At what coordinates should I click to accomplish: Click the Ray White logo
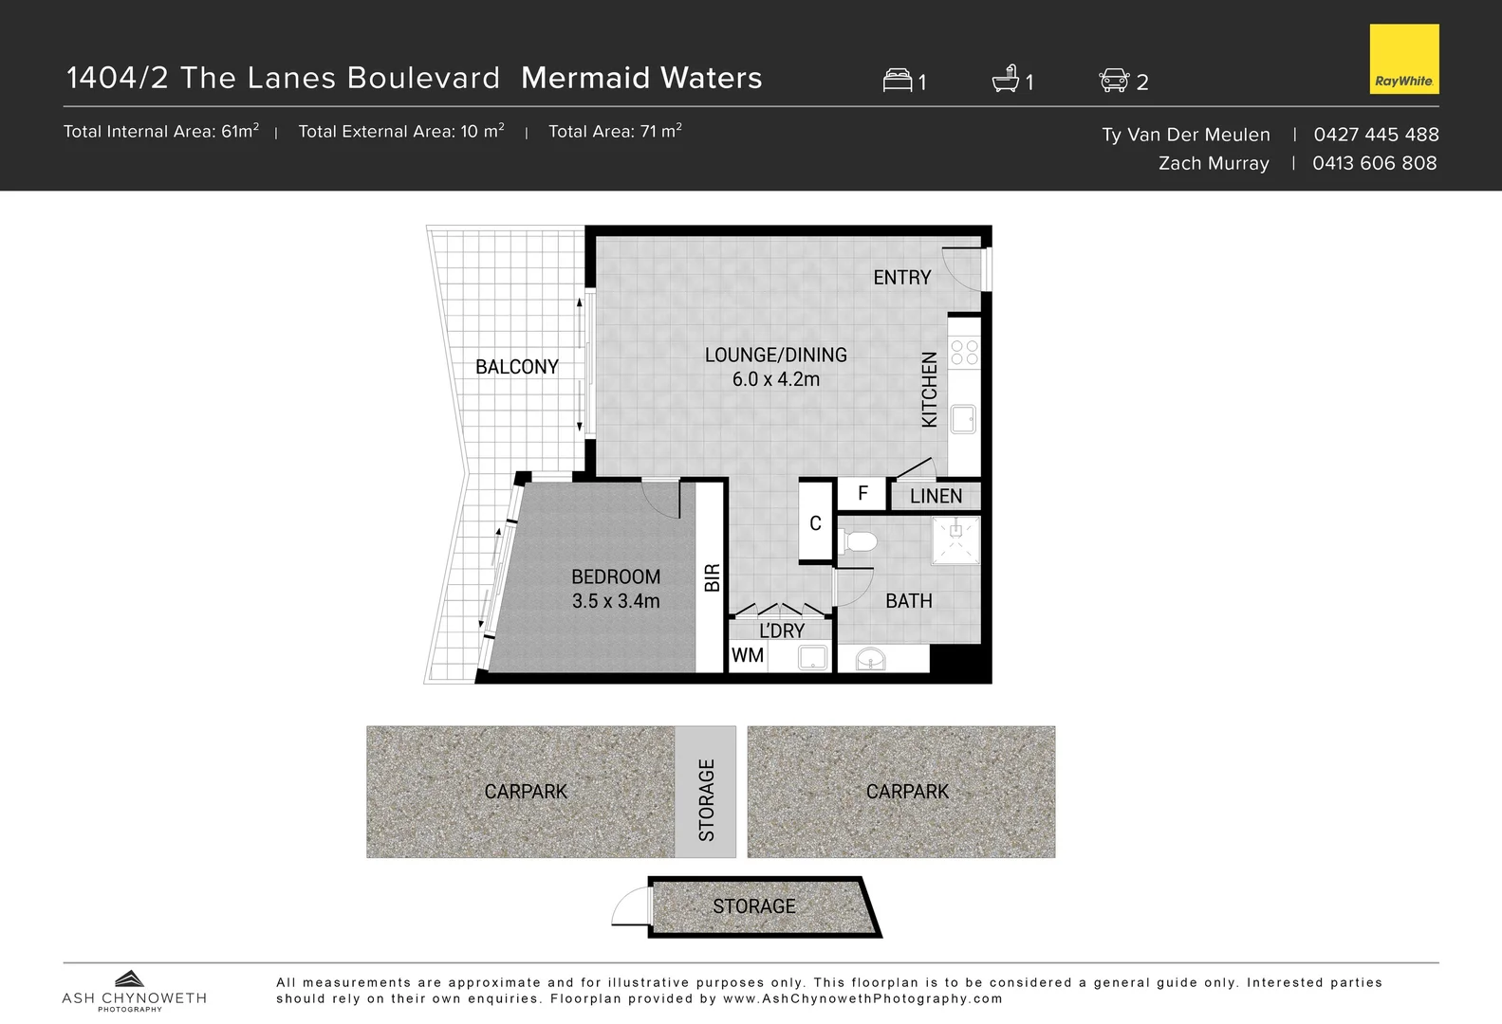point(1403,59)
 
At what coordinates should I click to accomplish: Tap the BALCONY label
point(516,367)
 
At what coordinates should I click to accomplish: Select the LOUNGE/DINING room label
point(775,355)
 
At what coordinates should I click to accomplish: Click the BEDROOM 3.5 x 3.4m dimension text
point(616,601)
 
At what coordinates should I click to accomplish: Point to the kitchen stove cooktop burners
point(964,353)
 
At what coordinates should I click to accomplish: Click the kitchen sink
point(964,419)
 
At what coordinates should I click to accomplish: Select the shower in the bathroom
point(955,539)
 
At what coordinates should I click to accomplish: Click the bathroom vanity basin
point(870,658)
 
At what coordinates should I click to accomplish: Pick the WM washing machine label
point(748,655)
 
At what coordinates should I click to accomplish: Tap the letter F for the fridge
point(862,493)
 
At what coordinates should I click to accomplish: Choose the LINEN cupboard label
point(936,496)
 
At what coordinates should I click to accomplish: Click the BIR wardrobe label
point(713,577)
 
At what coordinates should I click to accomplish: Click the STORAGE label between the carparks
point(706,799)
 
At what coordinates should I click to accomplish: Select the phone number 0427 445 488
point(1376,135)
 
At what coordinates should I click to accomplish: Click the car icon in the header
point(1114,81)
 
